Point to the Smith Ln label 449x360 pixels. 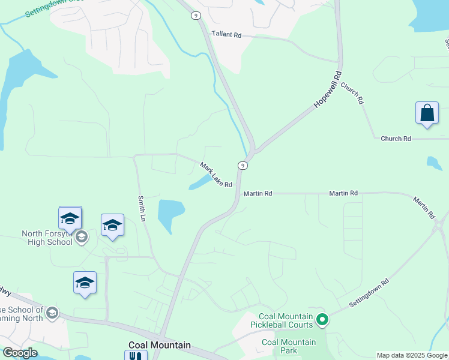(x=142, y=207)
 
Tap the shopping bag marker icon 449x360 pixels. (x=426, y=113)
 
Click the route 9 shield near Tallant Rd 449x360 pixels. (x=196, y=15)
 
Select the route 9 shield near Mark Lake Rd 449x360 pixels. (x=243, y=165)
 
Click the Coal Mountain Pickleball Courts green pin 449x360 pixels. (x=322, y=320)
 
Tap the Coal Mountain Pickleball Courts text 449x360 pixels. (x=286, y=320)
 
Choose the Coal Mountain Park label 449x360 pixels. (x=289, y=346)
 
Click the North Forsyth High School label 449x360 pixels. (x=47, y=238)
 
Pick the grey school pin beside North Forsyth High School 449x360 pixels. (x=82, y=238)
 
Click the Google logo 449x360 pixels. (x=19, y=353)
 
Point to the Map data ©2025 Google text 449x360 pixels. (x=412, y=355)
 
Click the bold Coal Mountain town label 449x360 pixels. (x=160, y=345)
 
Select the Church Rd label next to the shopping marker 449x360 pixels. (x=396, y=139)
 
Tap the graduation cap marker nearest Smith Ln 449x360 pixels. (x=112, y=226)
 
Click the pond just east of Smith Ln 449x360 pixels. (x=170, y=213)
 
